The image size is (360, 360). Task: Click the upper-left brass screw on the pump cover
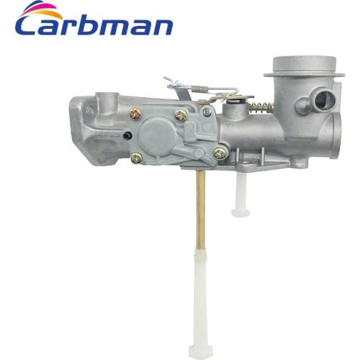coord(135,112)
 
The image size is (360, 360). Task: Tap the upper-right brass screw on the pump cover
coord(180,114)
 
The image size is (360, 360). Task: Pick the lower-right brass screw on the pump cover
coord(220,153)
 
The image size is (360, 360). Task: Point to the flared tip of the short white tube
coord(240,212)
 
